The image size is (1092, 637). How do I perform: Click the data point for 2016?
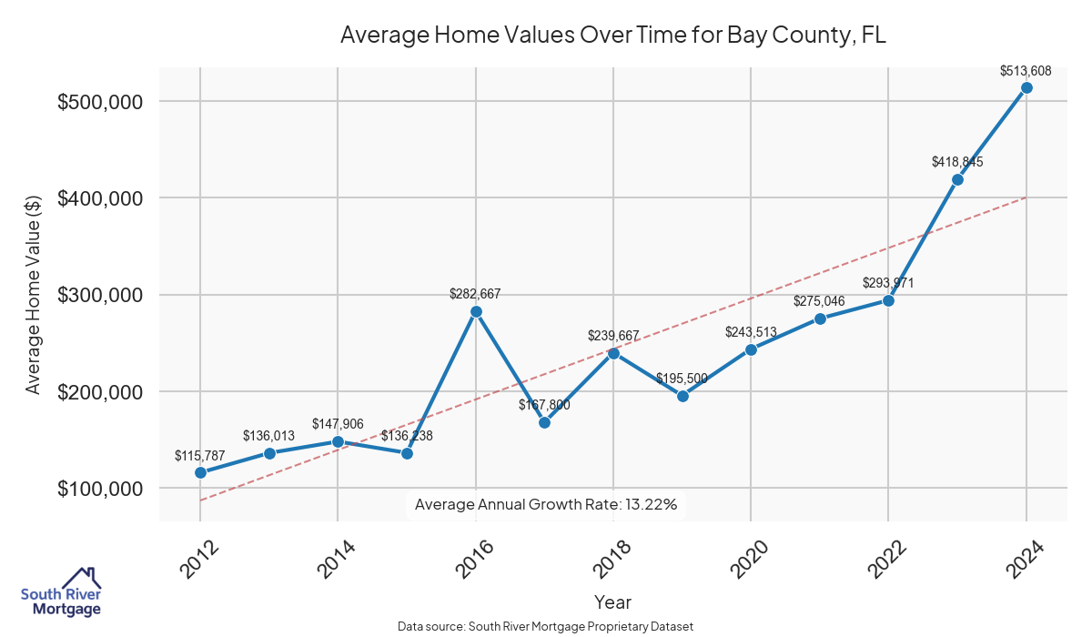pos(476,311)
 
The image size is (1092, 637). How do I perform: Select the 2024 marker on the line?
pos(1026,87)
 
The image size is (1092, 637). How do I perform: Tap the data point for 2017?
pos(544,422)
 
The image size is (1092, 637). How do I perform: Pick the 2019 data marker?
pos(682,396)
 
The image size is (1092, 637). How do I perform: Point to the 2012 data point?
pos(200,472)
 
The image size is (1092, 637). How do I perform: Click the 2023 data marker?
pos(957,179)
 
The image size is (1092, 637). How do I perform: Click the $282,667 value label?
pos(475,294)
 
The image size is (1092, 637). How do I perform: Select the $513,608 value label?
pos(1026,70)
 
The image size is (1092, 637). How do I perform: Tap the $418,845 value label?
pos(957,162)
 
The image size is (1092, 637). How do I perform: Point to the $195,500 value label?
pos(682,379)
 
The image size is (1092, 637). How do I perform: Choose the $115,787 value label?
pos(200,455)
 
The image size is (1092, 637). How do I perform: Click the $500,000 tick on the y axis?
pos(100,102)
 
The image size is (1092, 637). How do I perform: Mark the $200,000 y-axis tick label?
pos(100,392)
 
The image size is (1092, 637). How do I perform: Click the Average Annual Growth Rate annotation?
pos(546,504)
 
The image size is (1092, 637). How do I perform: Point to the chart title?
pos(612,35)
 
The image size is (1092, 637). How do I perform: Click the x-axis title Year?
pos(612,602)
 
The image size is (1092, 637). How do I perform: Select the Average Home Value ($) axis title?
pos(34,295)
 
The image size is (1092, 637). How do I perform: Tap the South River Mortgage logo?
pos(61,593)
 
